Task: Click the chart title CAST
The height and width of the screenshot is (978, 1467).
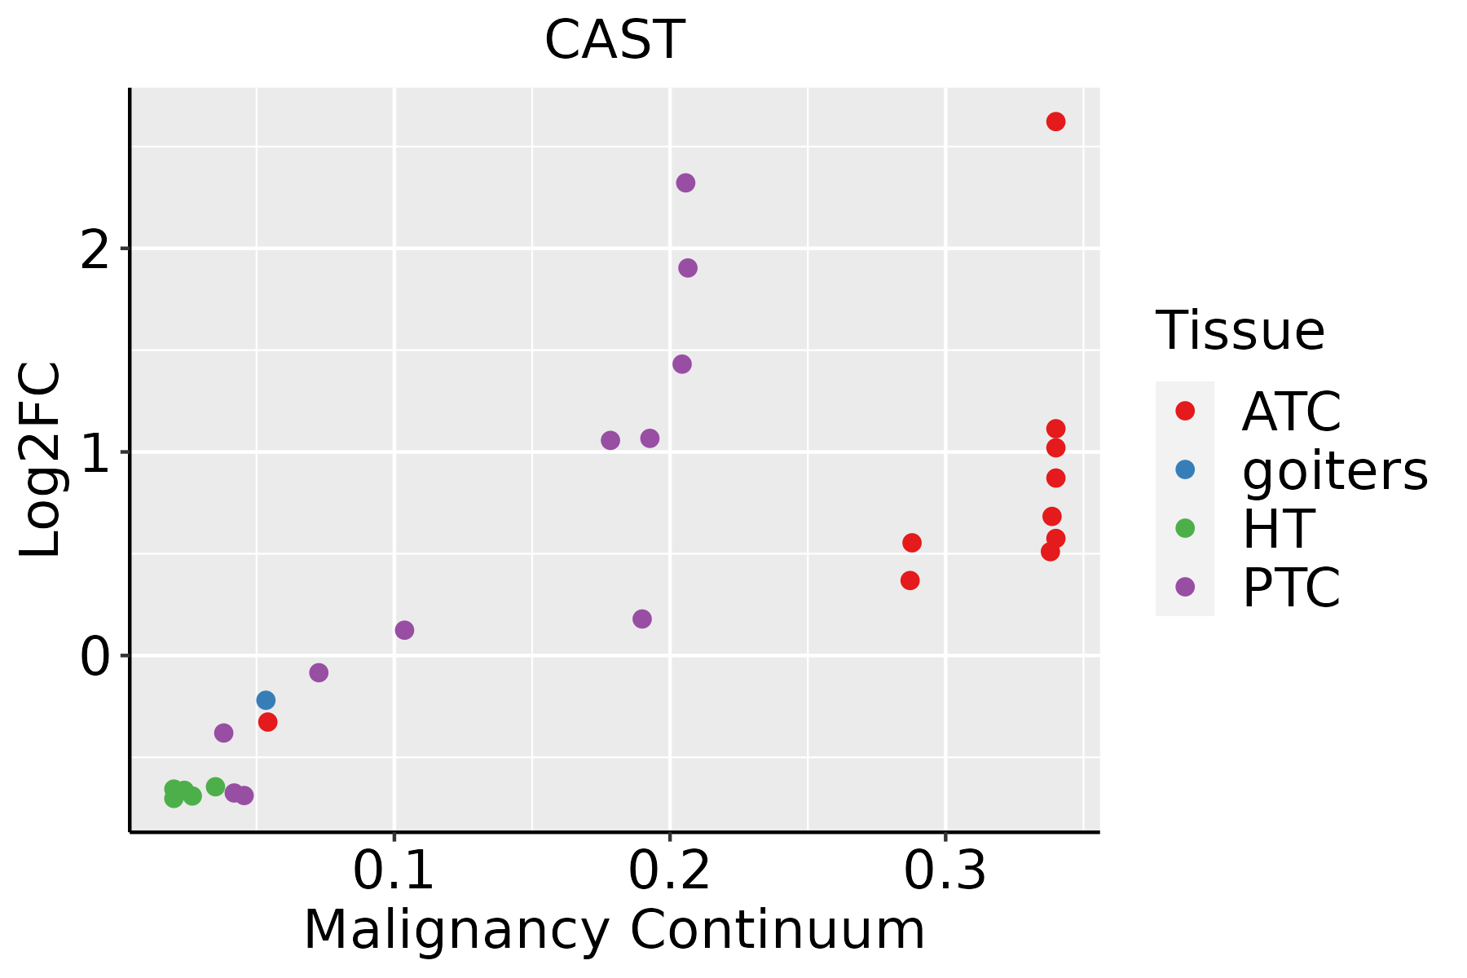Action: tap(614, 40)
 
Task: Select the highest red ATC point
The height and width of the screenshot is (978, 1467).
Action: tap(1055, 121)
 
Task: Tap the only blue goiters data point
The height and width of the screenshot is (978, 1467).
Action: tap(266, 700)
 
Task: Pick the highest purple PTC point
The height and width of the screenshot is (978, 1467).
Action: tap(685, 183)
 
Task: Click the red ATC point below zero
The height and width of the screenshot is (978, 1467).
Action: tap(267, 722)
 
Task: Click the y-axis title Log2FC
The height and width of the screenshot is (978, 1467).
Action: tap(41, 460)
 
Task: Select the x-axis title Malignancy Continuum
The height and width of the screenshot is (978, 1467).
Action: tap(614, 930)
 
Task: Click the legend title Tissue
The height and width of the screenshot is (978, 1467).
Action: tap(1240, 331)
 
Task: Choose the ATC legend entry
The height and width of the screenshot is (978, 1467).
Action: tap(1291, 412)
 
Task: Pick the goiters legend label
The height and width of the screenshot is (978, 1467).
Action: tap(1334, 470)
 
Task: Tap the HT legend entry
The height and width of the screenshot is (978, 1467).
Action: tap(1277, 529)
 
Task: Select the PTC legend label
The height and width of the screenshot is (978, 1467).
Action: tap(1291, 588)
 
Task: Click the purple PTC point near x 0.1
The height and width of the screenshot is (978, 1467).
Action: tap(404, 630)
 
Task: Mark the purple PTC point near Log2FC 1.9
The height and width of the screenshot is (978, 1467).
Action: tap(688, 268)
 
